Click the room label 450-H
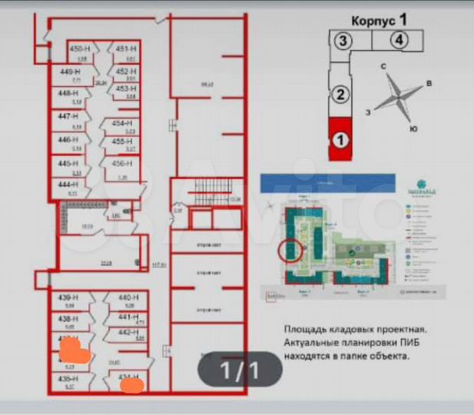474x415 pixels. [76, 49]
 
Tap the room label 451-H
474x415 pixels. [126, 49]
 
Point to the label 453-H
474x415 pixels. [127, 89]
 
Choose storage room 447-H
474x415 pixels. [69, 117]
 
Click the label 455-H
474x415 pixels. [123, 141]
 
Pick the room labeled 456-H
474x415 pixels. [123, 164]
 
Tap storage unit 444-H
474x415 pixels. [69, 186]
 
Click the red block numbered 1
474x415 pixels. [339, 140]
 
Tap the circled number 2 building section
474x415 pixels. [339, 95]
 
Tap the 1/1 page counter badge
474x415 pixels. [240, 371]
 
